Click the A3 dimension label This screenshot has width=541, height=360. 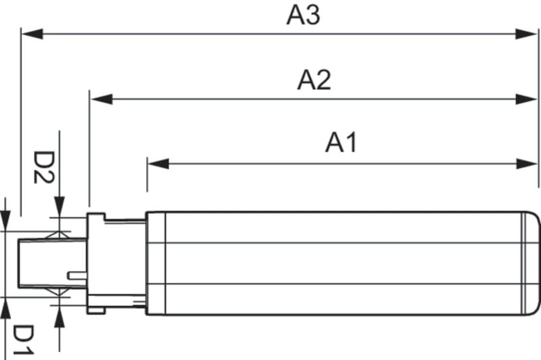pos(303,15)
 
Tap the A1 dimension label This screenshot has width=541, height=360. pos(341,143)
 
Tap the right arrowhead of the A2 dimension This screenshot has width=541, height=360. pos(527,99)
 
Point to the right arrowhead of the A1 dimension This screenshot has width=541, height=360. pos(527,163)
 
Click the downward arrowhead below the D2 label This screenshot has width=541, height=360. pos(60,206)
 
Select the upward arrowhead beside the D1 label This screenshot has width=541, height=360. pos(60,314)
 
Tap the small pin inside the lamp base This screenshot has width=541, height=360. pos(77,275)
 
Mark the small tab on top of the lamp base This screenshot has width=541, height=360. pos(97,216)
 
